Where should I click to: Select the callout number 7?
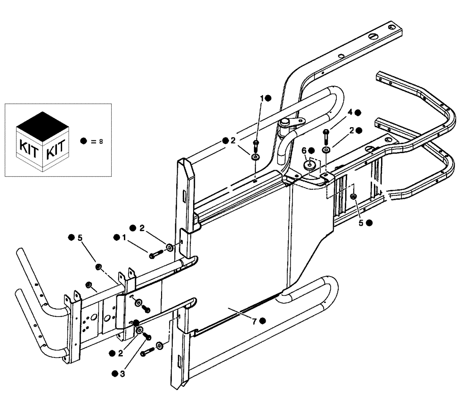point(254,321)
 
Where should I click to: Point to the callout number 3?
point(122,374)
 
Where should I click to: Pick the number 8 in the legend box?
point(100,141)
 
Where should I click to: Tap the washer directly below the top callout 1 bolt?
point(255,156)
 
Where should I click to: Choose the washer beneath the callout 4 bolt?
point(325,150)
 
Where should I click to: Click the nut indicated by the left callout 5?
point(99,268)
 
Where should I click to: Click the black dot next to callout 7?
point(263,321)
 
